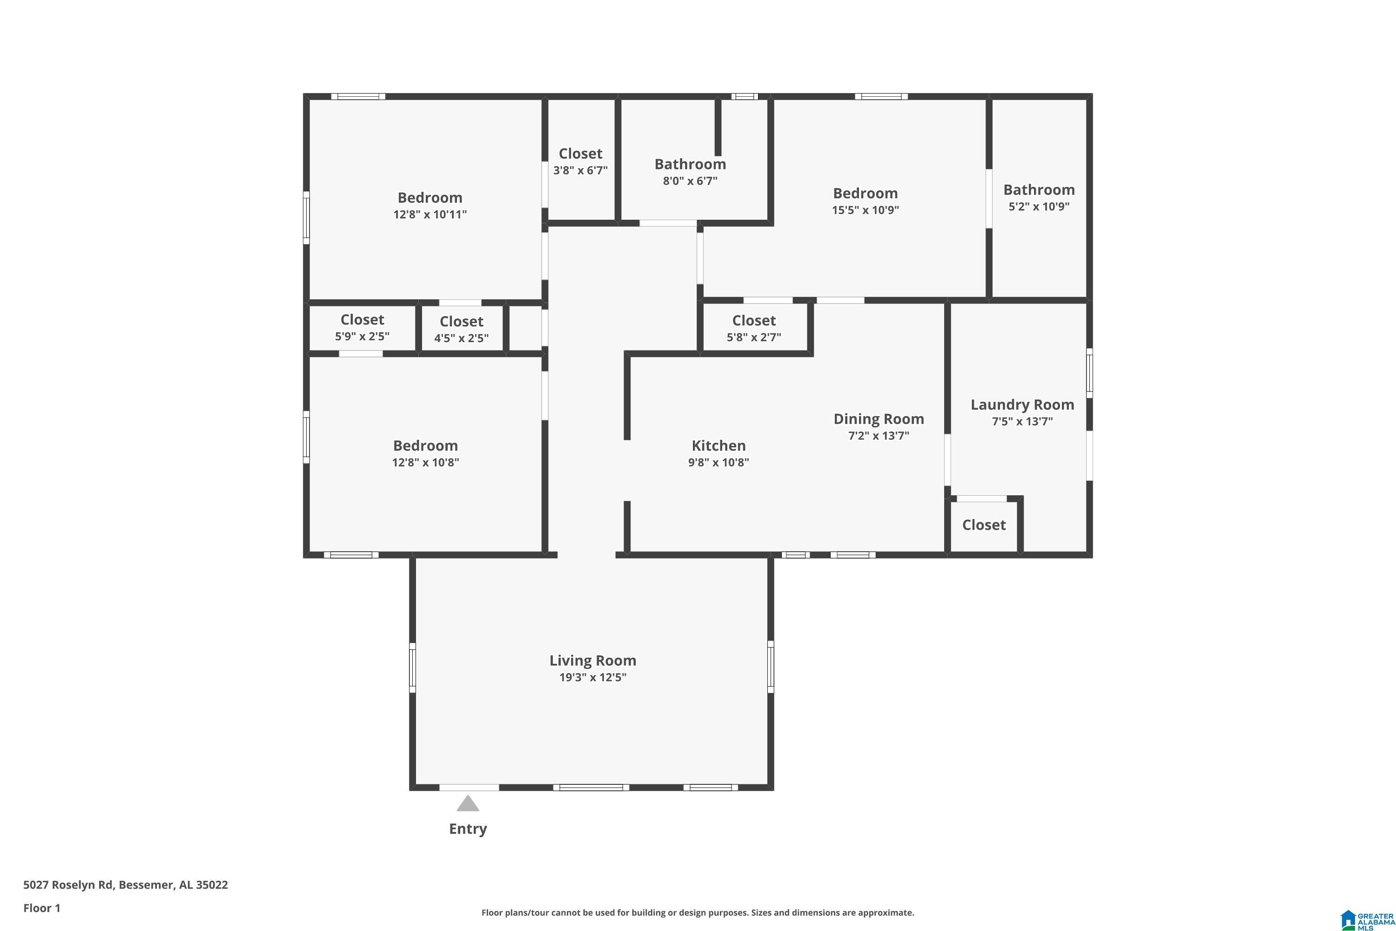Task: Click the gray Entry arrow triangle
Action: [x=468, y=803]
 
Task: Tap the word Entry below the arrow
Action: [x=468, y=829]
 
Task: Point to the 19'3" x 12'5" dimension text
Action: [x=592, y=677]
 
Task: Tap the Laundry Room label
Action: [x=1022, y=405]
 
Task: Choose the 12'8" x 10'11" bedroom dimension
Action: [x=430, y=214]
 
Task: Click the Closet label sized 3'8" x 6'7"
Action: [x=580, y=153]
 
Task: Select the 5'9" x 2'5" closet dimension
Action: [x=362, y=337]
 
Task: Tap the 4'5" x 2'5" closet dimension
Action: [x=461, y=338]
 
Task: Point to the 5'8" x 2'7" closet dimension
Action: [x=754, y=337]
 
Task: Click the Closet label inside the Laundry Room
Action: [x=984, y=525]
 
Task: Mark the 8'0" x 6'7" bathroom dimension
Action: [x=690, y=181]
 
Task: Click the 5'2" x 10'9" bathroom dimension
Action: [x=1039, y=207]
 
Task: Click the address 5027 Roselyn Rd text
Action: [x=67, y=885]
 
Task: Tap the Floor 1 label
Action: [x=41, y=908]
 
